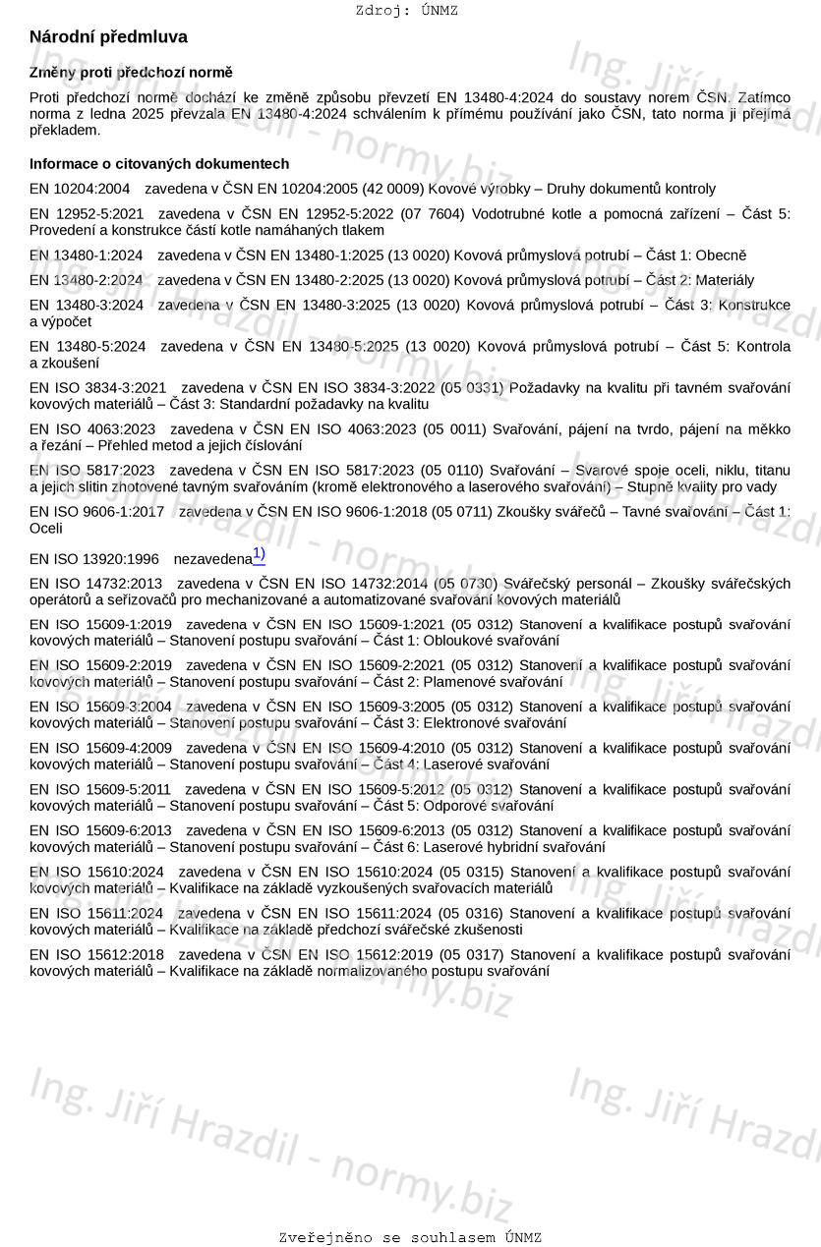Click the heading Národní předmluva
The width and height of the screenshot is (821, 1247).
coord(108,37)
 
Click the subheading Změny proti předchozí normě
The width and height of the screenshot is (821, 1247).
coord(131,73)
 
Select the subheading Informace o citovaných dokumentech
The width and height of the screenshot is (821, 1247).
coord(159,164)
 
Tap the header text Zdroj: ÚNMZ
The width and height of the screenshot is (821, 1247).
coord(406,11)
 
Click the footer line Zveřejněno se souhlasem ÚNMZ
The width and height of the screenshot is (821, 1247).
coord(410,1237)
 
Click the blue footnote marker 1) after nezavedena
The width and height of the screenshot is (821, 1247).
coord(259,555)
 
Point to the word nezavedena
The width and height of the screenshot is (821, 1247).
coord(212,559)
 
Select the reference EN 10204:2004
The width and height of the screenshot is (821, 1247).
coord(80,189)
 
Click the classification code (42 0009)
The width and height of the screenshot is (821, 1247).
coord(391,189)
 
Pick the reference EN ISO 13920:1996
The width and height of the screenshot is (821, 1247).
coord(94,559)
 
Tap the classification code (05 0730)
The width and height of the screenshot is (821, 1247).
coord(466,584)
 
